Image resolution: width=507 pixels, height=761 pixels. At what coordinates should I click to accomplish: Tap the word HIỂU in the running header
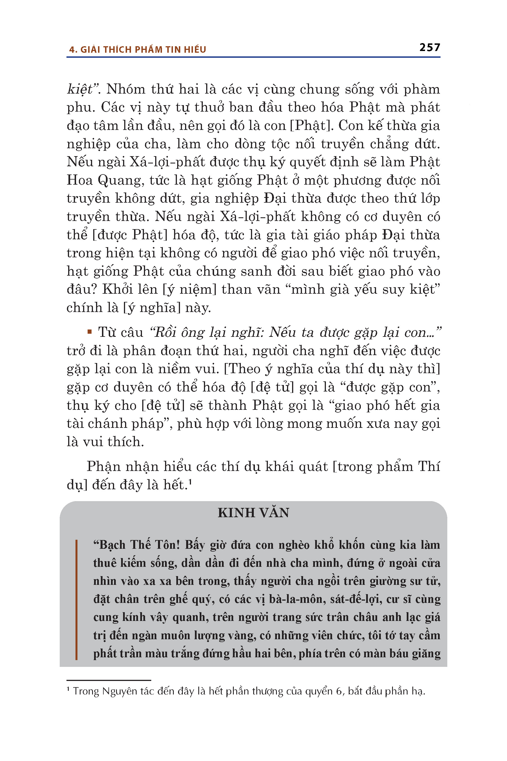(x=195, y=50)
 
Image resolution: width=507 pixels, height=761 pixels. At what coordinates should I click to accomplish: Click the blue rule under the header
(x=253, y=57)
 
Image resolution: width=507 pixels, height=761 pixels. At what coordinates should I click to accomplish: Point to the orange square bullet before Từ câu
(x=90, y=332)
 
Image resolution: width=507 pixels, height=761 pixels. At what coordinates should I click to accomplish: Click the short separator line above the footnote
(x=109, y=680)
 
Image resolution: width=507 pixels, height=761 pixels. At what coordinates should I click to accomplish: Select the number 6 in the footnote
(x=339, y=691)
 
